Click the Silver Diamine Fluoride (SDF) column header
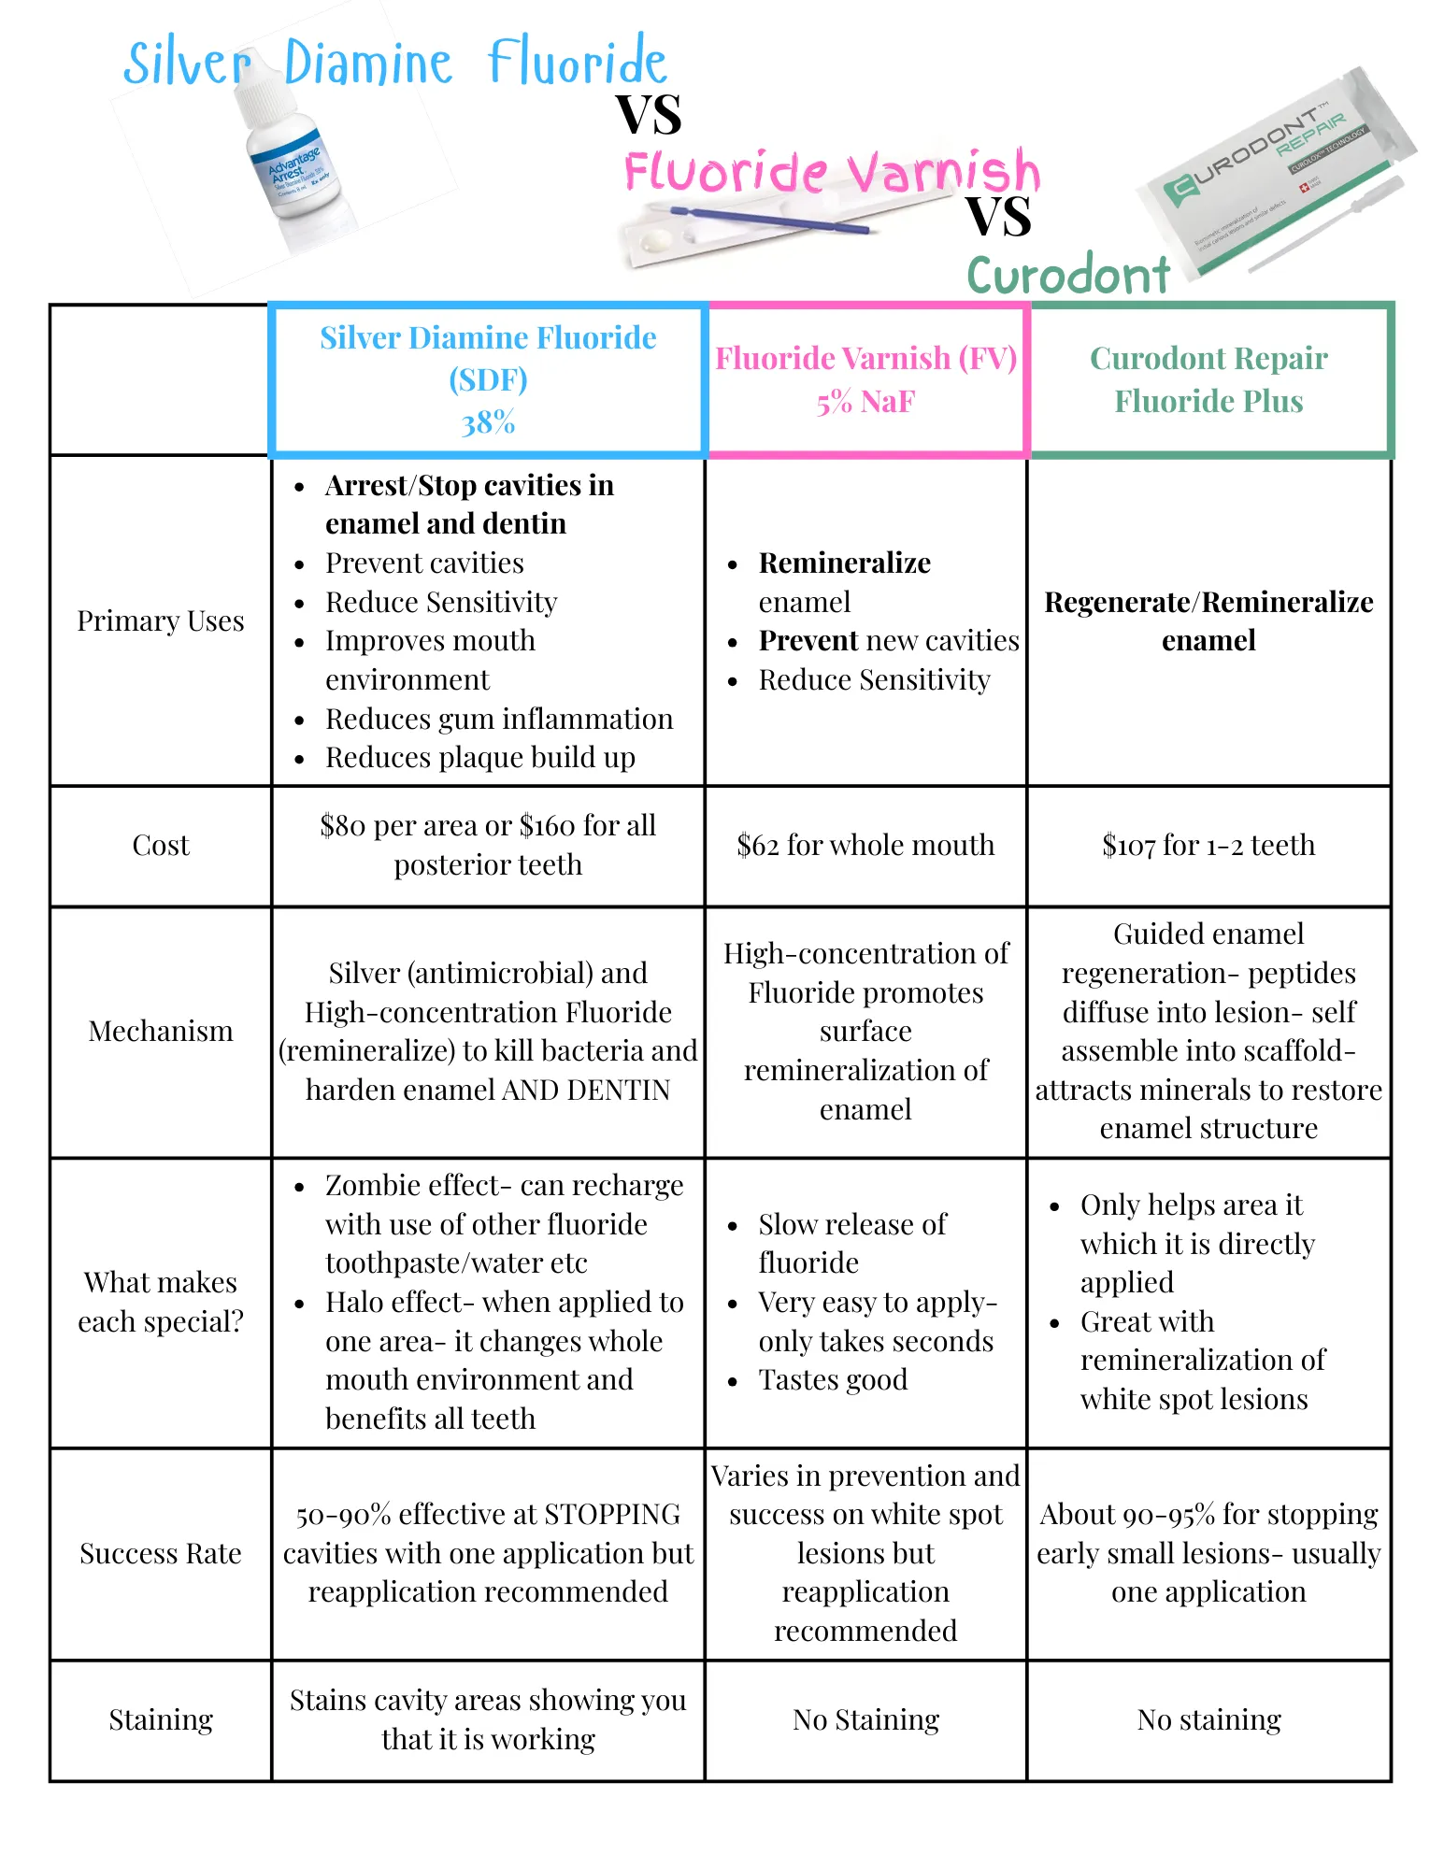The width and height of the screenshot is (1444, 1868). tap(488, 379)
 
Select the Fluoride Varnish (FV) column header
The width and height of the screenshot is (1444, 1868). tap(865, 379)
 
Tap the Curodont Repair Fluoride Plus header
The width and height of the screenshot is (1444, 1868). tap(1208, 379)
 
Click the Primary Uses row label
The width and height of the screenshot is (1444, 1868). tap(161, 621)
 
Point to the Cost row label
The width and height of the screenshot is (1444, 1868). tap(161, 846)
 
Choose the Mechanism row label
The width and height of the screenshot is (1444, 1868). tap(161, 1032)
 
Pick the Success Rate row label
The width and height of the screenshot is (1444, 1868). tap(161, 1554)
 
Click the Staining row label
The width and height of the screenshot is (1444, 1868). tap(161, 1720)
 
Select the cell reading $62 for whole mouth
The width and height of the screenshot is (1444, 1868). tap(865, 846)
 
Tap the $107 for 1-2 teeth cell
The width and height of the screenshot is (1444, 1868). tap(1208, 846)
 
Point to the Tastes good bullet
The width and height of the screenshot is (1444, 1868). tap(833, 1380)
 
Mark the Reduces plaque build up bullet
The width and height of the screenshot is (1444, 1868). tap(479, 758)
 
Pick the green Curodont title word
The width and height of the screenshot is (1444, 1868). tap(1068, 276)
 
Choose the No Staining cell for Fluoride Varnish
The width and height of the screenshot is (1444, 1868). tap(865, 1720)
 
